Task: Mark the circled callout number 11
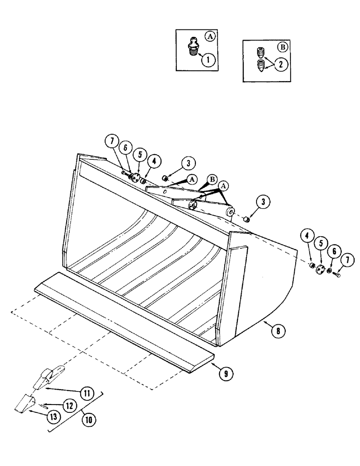tap(86, 392)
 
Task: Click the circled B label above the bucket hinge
tap(213, 179)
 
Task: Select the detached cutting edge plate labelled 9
tap(121, 317)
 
